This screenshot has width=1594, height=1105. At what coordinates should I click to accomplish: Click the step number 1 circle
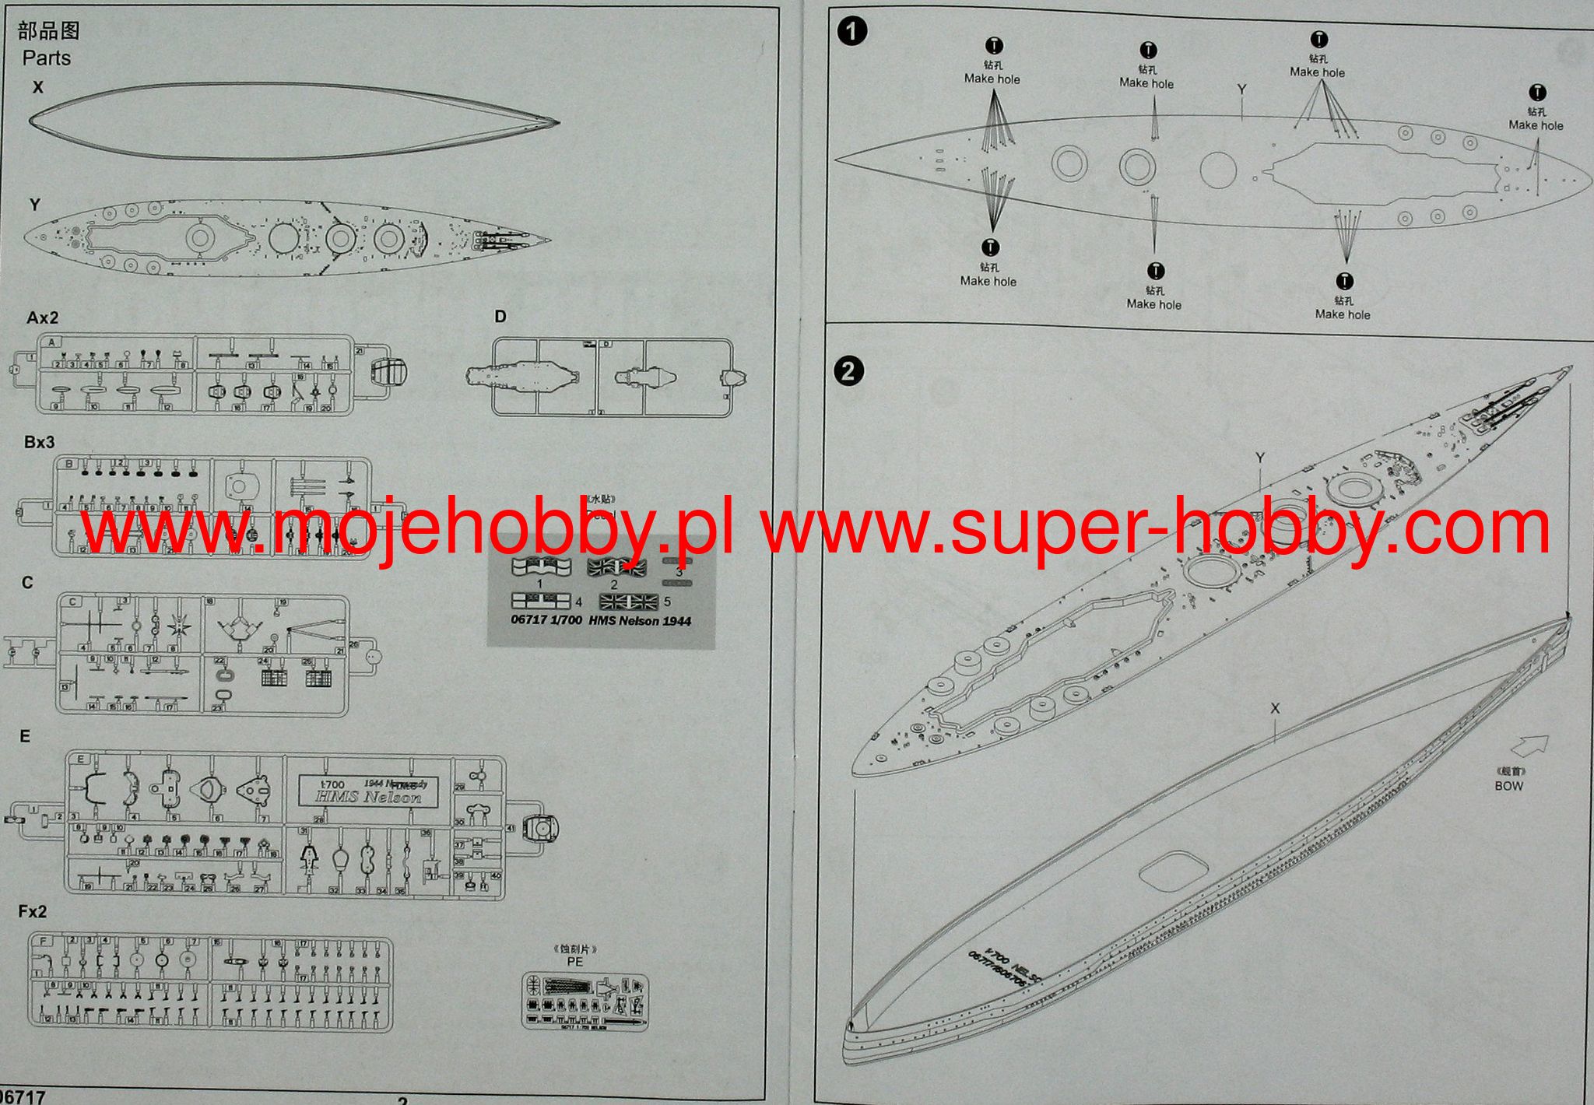click(853, 32)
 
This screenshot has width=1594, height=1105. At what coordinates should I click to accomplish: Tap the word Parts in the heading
click(47, 58)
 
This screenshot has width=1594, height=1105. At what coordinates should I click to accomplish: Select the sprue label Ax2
click(42, 317)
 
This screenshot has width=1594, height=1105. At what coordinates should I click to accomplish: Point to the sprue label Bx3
click(39, 442)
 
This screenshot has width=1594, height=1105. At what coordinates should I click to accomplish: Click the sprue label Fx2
click(33, 912)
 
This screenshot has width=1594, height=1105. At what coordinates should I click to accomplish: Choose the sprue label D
click(500, 316)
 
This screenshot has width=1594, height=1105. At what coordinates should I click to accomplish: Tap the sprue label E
click(25, 736)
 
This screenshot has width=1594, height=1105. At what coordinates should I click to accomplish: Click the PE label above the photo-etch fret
click(575, 961)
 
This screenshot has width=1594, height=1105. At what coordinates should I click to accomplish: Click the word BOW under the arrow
click(1508, 786)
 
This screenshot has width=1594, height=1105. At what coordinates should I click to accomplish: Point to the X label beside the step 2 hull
click(1275, 708)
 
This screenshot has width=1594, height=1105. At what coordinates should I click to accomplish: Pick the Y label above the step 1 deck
click(1241, 90)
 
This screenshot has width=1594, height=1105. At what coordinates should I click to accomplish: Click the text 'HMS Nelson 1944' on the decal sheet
click(640, 621)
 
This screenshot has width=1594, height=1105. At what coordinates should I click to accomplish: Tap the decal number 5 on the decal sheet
click(667, 602)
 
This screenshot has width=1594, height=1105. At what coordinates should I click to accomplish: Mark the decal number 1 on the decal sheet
click(540, 584)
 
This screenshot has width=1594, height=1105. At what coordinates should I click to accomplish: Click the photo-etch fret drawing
click(584, 1001)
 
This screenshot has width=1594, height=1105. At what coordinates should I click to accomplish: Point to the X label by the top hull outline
click(37, 88)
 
